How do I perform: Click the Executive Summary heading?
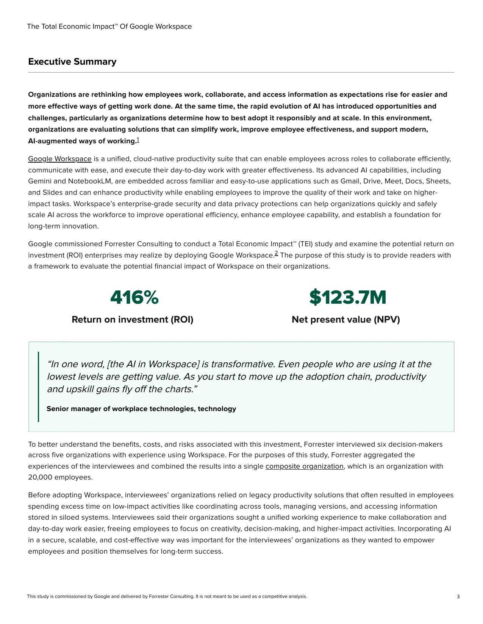[x=72, y=62]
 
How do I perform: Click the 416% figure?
[x=134, y=297]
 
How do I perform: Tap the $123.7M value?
[x=348, y=297]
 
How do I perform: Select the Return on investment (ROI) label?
[x=133, y=320]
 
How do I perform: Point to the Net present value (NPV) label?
[x=345, y=320]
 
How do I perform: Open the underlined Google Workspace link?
[x=60, y=159]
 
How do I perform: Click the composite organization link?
[x=304, y=466]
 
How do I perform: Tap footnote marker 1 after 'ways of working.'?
[x=138, y=140]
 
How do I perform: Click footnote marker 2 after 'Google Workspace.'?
[x=276, y=253]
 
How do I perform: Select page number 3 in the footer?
[x=458, y=597]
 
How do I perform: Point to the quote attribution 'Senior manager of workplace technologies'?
[x=141, y=409]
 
